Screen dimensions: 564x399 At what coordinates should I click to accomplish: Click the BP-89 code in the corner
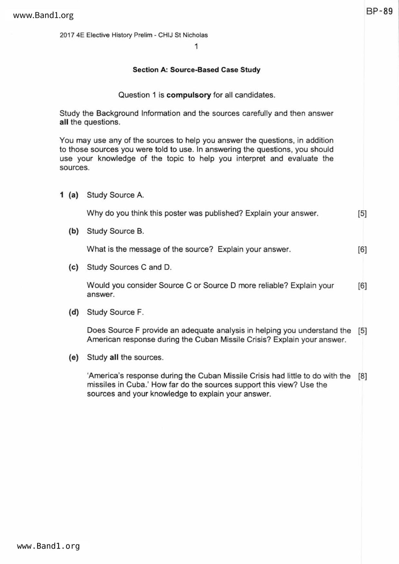(x=379, y=12)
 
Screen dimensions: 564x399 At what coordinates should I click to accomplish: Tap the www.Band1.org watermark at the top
(x=43, y=15)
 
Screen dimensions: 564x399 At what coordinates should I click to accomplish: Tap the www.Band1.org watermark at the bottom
(x=48, y=546)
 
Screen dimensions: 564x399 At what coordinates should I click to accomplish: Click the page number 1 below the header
(x=196, y=46)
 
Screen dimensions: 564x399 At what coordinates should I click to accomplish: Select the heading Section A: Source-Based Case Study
(x=196, y=70)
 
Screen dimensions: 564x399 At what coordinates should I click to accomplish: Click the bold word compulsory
(x=189, y=95)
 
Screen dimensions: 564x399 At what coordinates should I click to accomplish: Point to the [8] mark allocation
(x=362, y=376)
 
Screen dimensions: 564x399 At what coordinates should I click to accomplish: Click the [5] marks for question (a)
(x=362, y=214)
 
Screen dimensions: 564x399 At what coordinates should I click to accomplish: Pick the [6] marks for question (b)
(x=362, y=250)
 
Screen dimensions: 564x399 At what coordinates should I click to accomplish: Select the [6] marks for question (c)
(x=362, y=286)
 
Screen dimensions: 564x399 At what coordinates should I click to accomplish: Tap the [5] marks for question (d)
(x=362, y=331)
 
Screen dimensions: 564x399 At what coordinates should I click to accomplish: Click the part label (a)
(x=73, y=195)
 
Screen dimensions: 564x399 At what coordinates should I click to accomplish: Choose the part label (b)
(x=73, y=231)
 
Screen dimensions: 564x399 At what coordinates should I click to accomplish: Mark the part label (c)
(x=73, y=267)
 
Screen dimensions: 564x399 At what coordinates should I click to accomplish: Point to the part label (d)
(x=73, y=312)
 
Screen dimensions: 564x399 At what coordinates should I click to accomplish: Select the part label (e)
(x=73, y=358)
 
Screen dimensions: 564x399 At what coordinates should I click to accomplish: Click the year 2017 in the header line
(x=67, y=35)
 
